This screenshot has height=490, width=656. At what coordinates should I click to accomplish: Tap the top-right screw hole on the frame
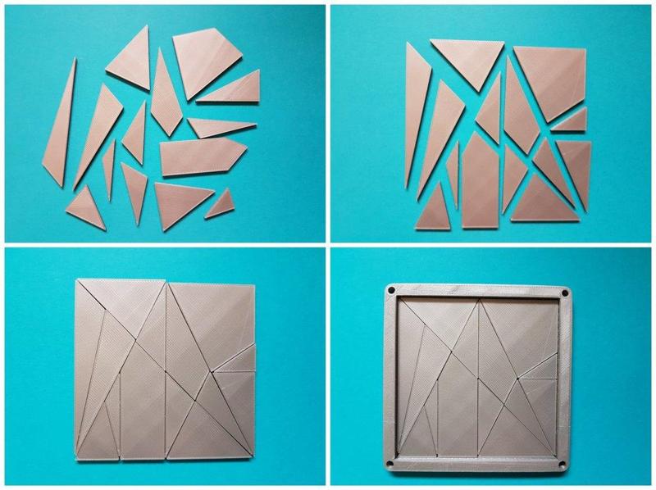565,291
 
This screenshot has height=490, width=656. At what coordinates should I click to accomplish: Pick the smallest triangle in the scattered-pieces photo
219,203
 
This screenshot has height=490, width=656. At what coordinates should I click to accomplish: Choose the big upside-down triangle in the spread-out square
468,61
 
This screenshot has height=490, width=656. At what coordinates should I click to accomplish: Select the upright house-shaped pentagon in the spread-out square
481,180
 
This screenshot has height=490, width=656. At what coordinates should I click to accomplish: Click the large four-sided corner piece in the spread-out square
548,81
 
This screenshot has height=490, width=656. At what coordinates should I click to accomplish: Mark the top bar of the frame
478,291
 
